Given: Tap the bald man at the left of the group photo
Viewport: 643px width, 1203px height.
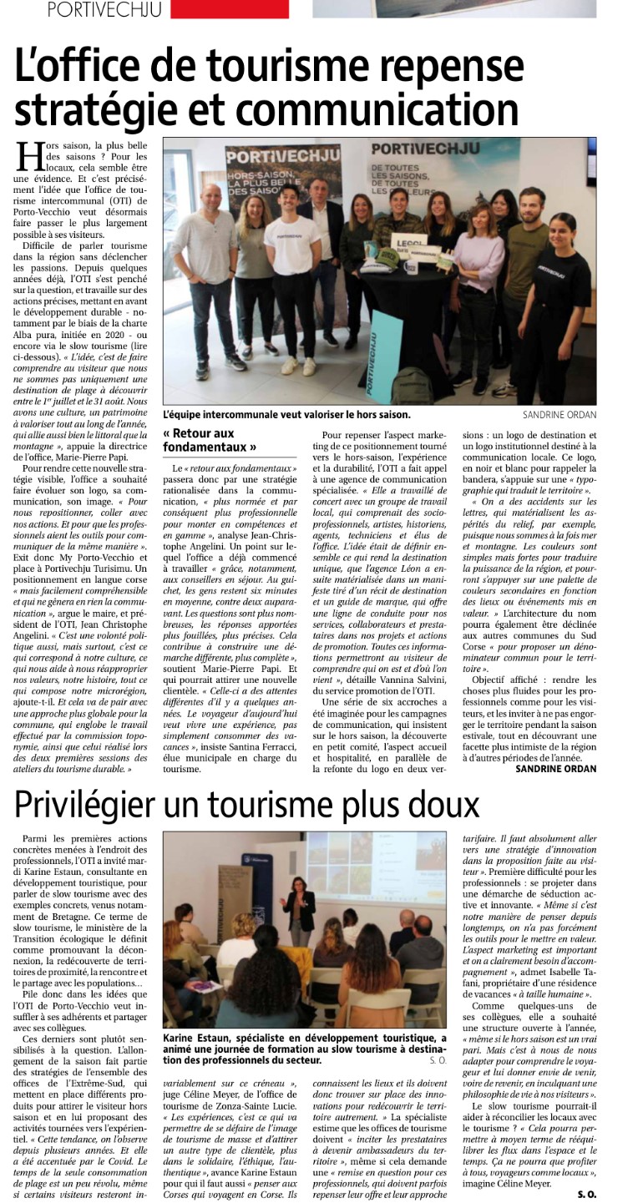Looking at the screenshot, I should coord(207,250).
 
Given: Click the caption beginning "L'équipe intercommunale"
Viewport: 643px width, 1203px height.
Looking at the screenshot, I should coord(286,414).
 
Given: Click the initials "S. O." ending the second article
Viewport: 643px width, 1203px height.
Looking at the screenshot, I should coord(587,1193).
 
